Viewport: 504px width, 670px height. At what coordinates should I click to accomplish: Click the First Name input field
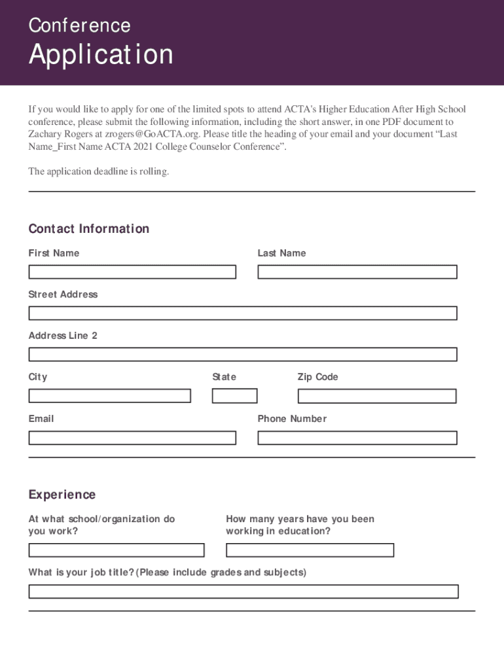(132, 272)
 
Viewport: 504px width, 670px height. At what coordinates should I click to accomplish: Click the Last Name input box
(357, 272)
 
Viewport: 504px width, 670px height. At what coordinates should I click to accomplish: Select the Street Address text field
(242, 313)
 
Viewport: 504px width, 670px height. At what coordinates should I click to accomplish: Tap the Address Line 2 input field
(242, 355)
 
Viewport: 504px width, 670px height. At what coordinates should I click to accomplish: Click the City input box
(109, 396)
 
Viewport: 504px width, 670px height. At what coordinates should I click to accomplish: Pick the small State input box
(234, 396)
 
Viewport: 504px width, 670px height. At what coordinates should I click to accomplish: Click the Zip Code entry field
(376, 396)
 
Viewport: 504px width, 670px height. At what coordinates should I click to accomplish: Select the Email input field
(132, 438)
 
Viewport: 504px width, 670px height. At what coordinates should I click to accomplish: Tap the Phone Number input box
(357, 438)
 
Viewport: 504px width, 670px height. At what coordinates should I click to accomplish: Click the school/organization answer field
(116, 550)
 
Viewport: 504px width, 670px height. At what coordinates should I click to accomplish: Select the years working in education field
(310, 550)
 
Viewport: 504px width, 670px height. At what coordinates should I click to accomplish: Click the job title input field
(243, 591)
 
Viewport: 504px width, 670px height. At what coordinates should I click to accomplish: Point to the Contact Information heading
(89, 229)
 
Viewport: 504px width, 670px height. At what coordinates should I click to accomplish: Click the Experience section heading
(62, 495)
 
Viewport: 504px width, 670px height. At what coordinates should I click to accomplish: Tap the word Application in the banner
(101, 55)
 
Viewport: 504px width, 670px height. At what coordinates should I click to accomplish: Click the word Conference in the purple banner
(79, 26)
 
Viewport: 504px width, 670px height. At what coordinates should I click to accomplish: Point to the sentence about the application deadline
(98, 171)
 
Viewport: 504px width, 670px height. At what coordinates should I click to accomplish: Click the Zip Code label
(317, 377)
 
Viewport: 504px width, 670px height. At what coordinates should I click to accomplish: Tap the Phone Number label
(292, 419)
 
